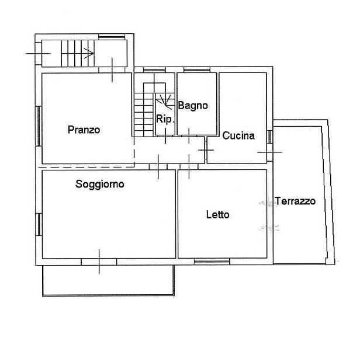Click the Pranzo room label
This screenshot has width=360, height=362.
[x=84, y=130]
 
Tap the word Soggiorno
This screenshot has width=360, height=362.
[x=100, y=185]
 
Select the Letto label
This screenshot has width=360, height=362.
[x=217, y=215]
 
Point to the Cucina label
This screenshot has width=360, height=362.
[x=238, y=135]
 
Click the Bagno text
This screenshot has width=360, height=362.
[x=193, y=106]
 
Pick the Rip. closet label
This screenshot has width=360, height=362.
[x=165, y=119]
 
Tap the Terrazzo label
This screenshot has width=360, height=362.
[x=295, y=201]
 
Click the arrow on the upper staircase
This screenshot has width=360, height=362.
[x=89, y=53]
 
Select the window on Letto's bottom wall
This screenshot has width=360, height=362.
[x=212, y=262]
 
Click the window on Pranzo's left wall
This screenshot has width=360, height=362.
[x=39, y=126]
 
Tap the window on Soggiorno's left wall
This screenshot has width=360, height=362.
[x=39, y=224]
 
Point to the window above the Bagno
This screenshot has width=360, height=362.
[x=197, y=69]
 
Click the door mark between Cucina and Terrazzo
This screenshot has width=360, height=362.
[x=269, y=152]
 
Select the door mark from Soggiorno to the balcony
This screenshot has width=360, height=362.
[x=99, y=262]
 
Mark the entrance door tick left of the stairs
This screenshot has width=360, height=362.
[x=38, y=54]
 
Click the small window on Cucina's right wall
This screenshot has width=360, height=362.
[x=269, y=137]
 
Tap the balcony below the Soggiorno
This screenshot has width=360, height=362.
[x=108, y=280]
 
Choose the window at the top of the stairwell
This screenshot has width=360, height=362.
[x=112, y=37]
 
